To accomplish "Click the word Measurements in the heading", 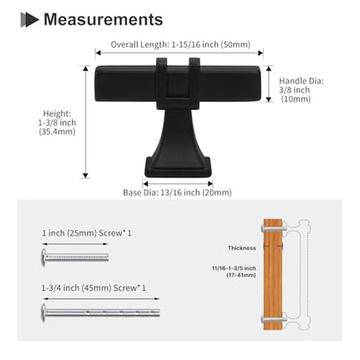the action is tap(103, 19).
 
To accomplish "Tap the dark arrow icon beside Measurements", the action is tap(29, 20).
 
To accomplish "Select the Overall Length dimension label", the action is tap(181, 44).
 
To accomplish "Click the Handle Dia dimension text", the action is tap(301, 90).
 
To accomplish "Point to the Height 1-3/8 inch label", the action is tap(57, 123).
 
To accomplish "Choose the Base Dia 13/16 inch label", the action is tap(177, 192).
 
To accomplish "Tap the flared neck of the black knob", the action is tap(177, 132).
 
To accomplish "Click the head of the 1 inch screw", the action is tap(44, 257).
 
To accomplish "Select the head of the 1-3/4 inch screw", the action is tap(43, 312).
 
